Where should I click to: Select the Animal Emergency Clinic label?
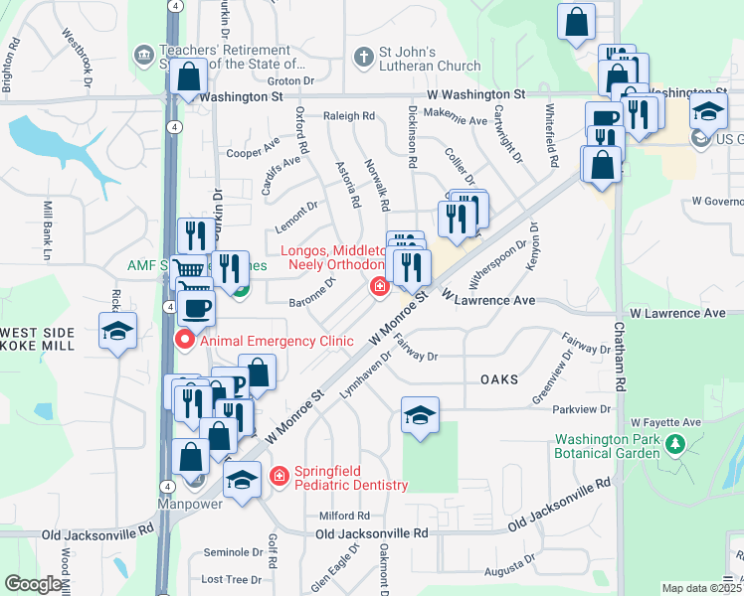(x=277, y=341)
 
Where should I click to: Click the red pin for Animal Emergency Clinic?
(x=185, y=341)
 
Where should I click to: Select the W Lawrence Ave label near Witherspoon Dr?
(x=489, y=300)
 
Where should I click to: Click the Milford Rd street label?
(x=344, y=516)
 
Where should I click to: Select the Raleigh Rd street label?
(x=349, y=115)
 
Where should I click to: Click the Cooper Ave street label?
(x=253, y=153)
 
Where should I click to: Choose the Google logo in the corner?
(x=33, y=584)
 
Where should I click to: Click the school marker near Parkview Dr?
(x=421, y=415)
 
